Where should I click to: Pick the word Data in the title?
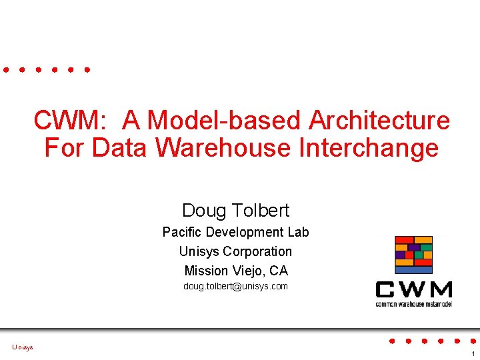point(119,147)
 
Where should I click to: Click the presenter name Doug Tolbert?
point(235,211)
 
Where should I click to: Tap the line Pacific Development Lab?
point(235,232)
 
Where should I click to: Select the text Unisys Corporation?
point(235,251)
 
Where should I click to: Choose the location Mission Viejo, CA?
point(235,271)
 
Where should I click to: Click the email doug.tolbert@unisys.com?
point(235,287)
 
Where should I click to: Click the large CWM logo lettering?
point(414,290)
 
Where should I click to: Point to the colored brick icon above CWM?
point(414,255)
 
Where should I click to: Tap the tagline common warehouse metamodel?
point(414,303)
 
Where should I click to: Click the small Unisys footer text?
point(22,347)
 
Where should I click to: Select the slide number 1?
point(472,354)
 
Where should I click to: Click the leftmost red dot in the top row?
point(6,69)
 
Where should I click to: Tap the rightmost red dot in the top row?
point(88,69)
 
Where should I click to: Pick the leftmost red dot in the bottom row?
point(392,341)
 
